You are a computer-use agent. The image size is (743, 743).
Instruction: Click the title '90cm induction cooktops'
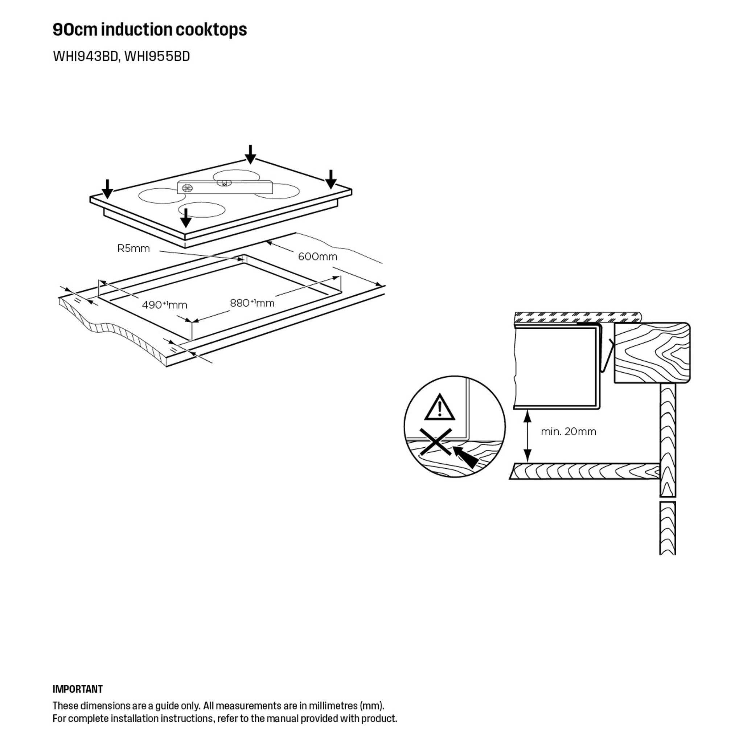149,30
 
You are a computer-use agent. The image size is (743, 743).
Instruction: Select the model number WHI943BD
85,57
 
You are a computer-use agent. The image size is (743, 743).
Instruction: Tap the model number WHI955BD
157,57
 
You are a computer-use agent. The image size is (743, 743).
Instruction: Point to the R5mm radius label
134,249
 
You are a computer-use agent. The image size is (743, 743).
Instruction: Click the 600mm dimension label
318,256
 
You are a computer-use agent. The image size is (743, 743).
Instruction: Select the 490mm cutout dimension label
165,305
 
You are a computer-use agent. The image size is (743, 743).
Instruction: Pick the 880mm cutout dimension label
252,303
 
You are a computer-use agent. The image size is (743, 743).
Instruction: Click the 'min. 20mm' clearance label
568,431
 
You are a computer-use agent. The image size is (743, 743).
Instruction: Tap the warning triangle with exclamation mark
440,407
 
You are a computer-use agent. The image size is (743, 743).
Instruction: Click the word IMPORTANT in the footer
78,689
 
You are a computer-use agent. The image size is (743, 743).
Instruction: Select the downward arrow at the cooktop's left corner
108,189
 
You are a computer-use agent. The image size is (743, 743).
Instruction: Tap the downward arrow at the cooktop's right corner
331,179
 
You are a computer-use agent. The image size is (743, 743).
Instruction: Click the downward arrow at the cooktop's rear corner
250,154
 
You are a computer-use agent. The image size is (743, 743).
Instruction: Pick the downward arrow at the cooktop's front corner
186,218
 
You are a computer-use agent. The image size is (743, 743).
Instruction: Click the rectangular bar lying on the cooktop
225,187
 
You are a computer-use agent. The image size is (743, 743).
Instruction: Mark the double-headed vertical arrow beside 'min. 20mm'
528,436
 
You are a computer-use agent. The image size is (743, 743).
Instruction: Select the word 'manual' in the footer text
282,718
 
